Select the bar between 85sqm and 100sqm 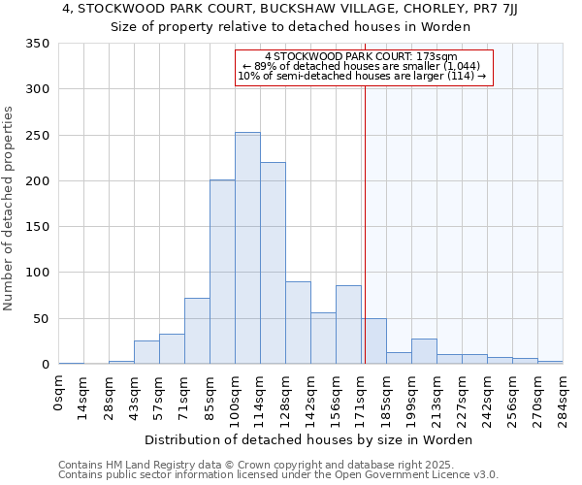click(x=222, y=272)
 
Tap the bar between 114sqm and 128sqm click(x=273, y=263)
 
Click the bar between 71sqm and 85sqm click(x=197, y=331)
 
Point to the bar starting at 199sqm click(x=424, y=351)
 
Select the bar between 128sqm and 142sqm click(x=298, y=323)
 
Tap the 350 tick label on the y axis click(x=37, y=44)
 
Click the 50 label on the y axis click(x=41, y=319)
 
